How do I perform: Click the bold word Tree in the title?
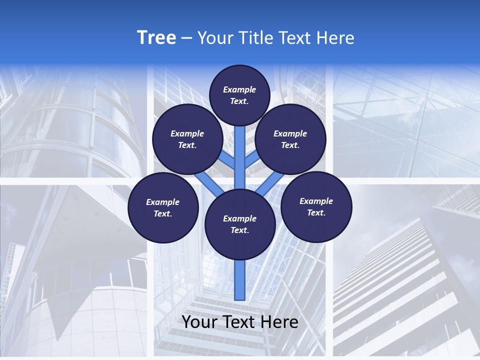coord(156,37)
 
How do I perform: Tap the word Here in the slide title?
coord(336,38)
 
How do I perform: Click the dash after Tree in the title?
coord(187,38)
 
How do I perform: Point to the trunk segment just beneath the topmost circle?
coord(240,145)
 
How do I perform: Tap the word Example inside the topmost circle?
coord(239,90)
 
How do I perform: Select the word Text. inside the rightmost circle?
coord(316,213)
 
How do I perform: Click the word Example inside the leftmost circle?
coord(162,202)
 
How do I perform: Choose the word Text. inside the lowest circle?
coord(239,230)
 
